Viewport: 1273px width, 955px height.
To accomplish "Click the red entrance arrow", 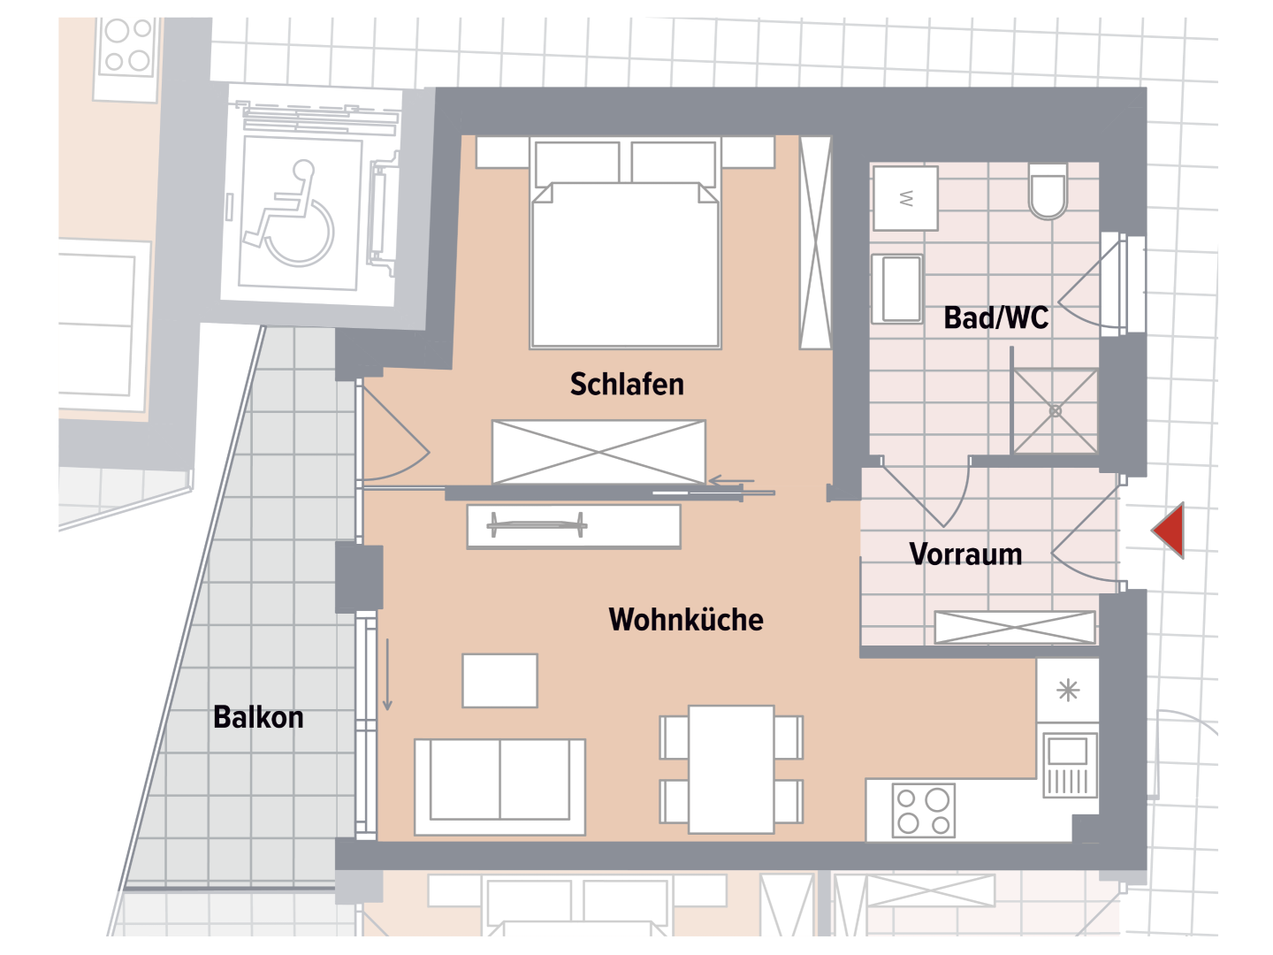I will (1170, 531).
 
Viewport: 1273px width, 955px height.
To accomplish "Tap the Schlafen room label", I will (627, 385).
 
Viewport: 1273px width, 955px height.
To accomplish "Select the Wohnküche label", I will (686, 620).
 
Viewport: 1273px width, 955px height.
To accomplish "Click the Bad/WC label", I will (996, 317).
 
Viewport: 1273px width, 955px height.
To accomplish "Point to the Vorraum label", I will (965, 554).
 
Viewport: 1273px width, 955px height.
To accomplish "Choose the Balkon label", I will (258, 717).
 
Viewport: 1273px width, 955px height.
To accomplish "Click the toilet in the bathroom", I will (1048, 192).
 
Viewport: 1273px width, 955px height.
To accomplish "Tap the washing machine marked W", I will (905, 197).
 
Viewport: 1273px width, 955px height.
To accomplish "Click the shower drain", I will (1056, 411).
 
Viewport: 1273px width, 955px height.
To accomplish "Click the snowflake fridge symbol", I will (1068, 691).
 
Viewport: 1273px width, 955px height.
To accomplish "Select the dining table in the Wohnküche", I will (731, 769).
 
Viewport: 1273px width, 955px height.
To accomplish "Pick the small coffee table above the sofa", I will (500, 680).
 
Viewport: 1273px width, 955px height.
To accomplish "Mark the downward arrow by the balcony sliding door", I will (387, 676).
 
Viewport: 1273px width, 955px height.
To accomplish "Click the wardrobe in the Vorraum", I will (1015, 627).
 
